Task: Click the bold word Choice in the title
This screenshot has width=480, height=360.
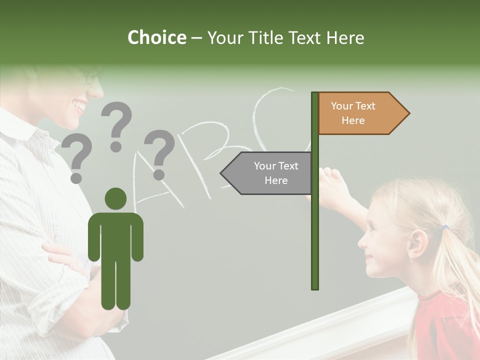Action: click(156, 37)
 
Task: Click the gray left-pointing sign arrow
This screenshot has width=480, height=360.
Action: click(267, 173)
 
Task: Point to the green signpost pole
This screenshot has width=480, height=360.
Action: click(314, 225)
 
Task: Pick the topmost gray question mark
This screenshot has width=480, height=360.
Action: click(116, 125)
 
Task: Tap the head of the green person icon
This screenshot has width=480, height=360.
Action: click(115, 198)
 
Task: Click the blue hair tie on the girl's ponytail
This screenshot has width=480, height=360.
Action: click(444, 228)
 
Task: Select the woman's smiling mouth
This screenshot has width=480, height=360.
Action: click(79, 106)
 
